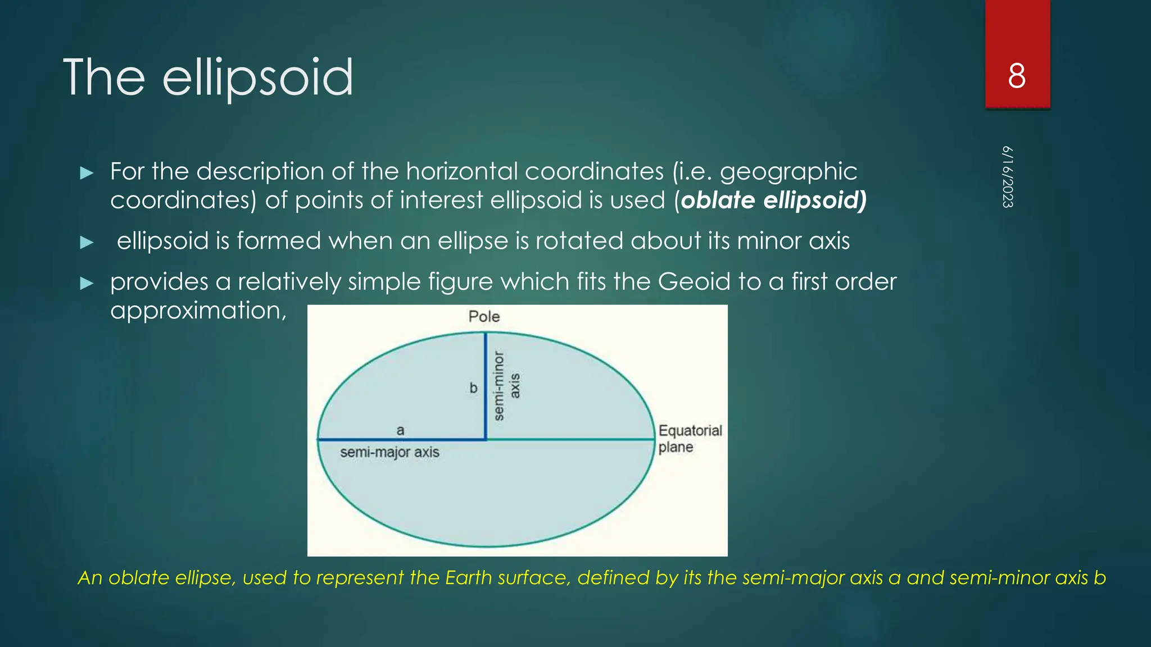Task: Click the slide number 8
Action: coord(1017,76)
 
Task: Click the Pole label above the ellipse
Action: coord(484,317)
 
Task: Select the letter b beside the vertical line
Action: coord(473,388)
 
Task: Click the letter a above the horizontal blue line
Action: coord(400,430)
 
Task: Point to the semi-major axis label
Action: coord(389,452)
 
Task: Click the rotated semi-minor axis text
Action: coord(506,386)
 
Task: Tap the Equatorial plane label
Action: coord(690,439)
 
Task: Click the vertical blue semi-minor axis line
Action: coord(486,388)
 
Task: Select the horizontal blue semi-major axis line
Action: coord(402,440)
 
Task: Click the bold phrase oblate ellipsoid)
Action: coord(773,200)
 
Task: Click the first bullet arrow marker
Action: coord(87,172)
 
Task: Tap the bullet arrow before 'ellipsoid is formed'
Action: coord(87,242)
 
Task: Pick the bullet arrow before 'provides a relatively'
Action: coord(87,283)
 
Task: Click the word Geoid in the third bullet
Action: coord(694,281)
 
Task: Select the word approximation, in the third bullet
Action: coord(198,311)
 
